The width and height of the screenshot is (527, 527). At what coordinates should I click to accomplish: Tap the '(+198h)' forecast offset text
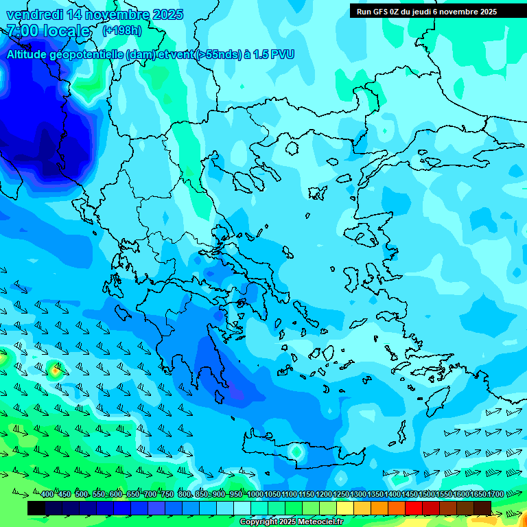tap(122, 30)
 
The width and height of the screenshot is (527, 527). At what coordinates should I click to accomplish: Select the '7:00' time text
tap(22, 31)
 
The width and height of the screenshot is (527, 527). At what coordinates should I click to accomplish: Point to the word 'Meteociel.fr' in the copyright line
tap(319, 522)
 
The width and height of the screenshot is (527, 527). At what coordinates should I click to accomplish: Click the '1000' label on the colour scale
tap(255, 495)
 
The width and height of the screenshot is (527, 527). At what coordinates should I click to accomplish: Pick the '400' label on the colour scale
tap(47, 495)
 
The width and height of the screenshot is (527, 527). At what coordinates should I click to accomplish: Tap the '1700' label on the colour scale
tap(495, 495)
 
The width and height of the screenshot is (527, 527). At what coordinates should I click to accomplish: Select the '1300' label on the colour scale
tap(358, 495)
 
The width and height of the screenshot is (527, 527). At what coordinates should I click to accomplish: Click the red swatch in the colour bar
tap(414, 508)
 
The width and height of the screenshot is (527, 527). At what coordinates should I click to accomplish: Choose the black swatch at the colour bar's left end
tap(36, 508)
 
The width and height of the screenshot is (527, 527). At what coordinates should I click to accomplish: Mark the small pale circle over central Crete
tap(296, 452)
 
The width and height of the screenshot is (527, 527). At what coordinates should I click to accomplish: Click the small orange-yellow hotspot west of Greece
tap(54, 370)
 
